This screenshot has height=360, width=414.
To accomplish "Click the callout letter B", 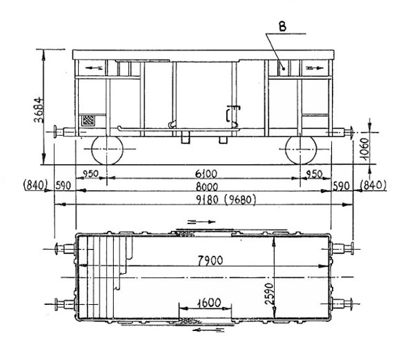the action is tap(282, 27).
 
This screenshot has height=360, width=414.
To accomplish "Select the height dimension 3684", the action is tap(39, 110).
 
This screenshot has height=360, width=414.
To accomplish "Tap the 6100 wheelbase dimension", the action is tap(206, 174).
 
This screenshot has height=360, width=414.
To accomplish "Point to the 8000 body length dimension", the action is tap(207, 187).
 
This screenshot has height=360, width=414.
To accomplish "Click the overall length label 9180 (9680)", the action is tap(226, 200).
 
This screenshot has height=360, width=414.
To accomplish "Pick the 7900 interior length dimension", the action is tap(210, 261).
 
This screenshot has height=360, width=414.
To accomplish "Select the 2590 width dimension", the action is tap(269, 294).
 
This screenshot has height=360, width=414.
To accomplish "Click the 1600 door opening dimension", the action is tap(209, 303).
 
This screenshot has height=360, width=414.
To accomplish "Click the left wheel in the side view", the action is tap(107, 150).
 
